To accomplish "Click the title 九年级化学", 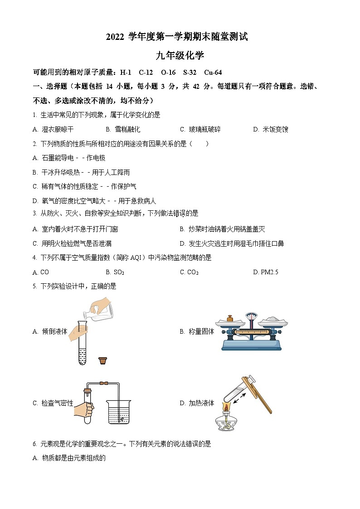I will point(180,56).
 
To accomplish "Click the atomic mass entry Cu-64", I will point(213,73).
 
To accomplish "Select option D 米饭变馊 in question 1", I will point(271,129).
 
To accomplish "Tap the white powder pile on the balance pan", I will point(273,320).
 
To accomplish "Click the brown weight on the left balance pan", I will point(229,319).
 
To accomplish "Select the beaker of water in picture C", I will point(119,412).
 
